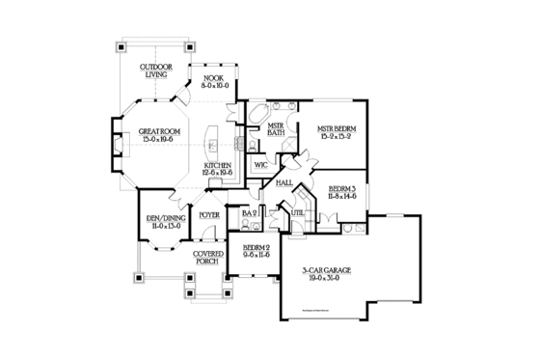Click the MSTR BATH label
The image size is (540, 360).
(275, 130)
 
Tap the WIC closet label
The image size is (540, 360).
(260, 165)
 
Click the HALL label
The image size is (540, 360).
(283, 181)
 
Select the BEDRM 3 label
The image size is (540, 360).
(341, 190)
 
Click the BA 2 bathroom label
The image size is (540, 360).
(249, 212)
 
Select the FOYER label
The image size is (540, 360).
(208, 214)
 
